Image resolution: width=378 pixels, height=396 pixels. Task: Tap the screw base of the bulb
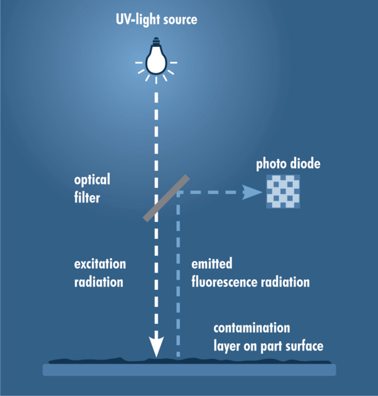(156, 41)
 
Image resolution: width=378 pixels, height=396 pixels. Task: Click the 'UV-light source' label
(156, 19)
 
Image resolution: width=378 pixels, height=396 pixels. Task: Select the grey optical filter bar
(166, 198)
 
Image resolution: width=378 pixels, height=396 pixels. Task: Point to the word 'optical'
(92, 180)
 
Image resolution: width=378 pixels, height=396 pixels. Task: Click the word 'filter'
(87, 197)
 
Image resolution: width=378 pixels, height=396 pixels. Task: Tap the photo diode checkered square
(283, 191)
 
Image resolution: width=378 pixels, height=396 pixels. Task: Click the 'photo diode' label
(288, 164)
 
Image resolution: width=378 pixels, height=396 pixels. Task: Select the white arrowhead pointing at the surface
(156, 346)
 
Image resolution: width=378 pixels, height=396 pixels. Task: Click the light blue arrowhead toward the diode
(251, 193)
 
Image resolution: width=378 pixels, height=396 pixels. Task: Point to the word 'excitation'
(100, 264)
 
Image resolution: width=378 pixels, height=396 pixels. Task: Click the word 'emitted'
(212, 263)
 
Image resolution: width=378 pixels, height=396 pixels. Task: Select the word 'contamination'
(252, 328)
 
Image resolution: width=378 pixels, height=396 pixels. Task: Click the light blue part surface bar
(189, 370)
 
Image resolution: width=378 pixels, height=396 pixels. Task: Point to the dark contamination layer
(189, 361)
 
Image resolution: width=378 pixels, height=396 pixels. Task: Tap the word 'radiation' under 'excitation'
(98, 282)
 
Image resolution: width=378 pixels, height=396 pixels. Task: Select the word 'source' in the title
(180, 20)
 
